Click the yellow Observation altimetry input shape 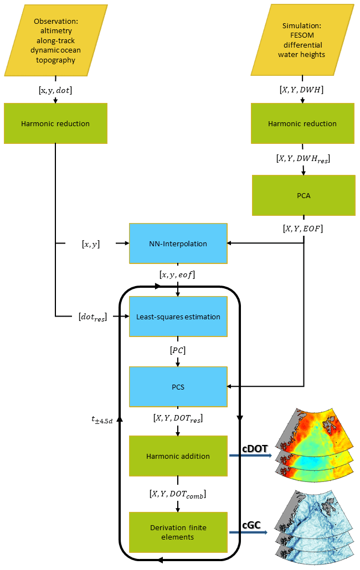[55, 41]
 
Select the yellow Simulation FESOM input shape [302, 41]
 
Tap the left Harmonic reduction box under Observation [55, 123]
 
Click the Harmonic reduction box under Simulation [302, 123]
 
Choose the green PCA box [303, 195]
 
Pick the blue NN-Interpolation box [178, 243]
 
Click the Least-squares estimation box [178, 317]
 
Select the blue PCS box [178, 386]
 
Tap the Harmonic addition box [178, 456]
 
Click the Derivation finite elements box [178, 532]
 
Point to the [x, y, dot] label [55, 89]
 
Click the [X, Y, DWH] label [302, 89]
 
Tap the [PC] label [178, 351]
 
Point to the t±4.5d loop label [102, 419]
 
